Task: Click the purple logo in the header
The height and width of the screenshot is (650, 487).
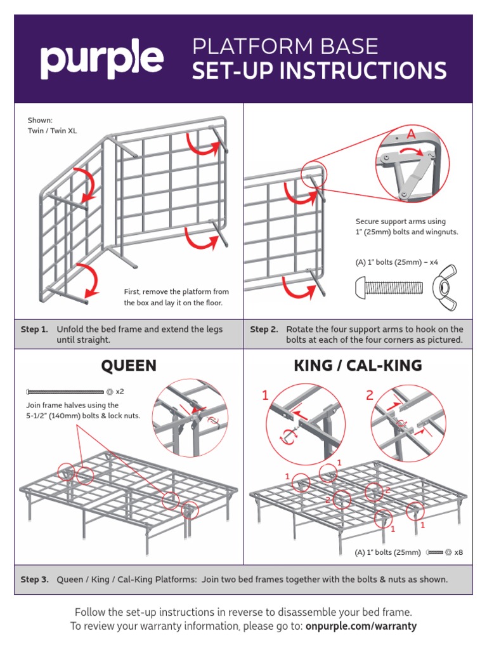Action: tap(102, 60)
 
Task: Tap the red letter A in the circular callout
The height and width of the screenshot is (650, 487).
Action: tap(411, 135)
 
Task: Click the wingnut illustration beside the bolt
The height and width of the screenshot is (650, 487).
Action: tap(446, 288)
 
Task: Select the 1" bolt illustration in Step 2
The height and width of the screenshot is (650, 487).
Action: tap(389, 288)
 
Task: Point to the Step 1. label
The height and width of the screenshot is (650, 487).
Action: tap(34, 329)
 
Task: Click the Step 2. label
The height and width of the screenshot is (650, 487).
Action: tap(264, 329)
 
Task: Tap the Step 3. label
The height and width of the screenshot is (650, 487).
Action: tap(34, 580)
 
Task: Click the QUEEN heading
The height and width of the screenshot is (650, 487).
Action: tap(129, 366)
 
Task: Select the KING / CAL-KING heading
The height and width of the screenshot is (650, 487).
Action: tap(358, 366)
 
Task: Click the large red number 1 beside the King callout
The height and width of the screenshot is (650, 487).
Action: tap(266, 396)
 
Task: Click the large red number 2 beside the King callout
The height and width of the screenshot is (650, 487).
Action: tap(369, 396)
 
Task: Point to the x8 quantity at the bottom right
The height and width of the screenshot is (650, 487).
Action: tap(458, 552)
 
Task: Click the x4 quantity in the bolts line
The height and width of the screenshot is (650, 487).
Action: tap(434, 262)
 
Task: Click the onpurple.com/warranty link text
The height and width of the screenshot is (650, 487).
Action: tap(361, 626)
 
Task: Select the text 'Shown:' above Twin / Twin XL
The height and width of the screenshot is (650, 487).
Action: tap(40, 121)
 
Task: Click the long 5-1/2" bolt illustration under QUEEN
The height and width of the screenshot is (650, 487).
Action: tap(64, 392)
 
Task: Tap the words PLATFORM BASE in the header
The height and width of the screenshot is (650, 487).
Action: tap(285, 46)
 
